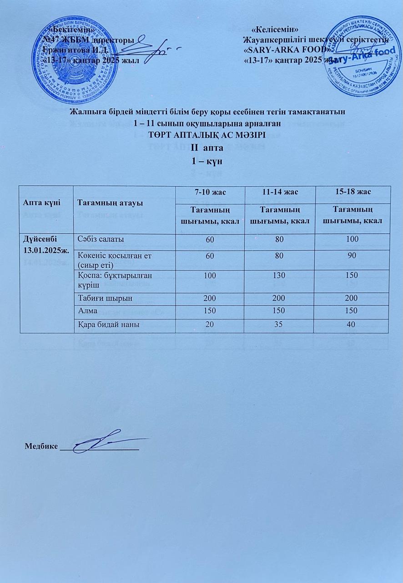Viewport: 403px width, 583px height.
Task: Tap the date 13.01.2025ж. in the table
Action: coord(43,249)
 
